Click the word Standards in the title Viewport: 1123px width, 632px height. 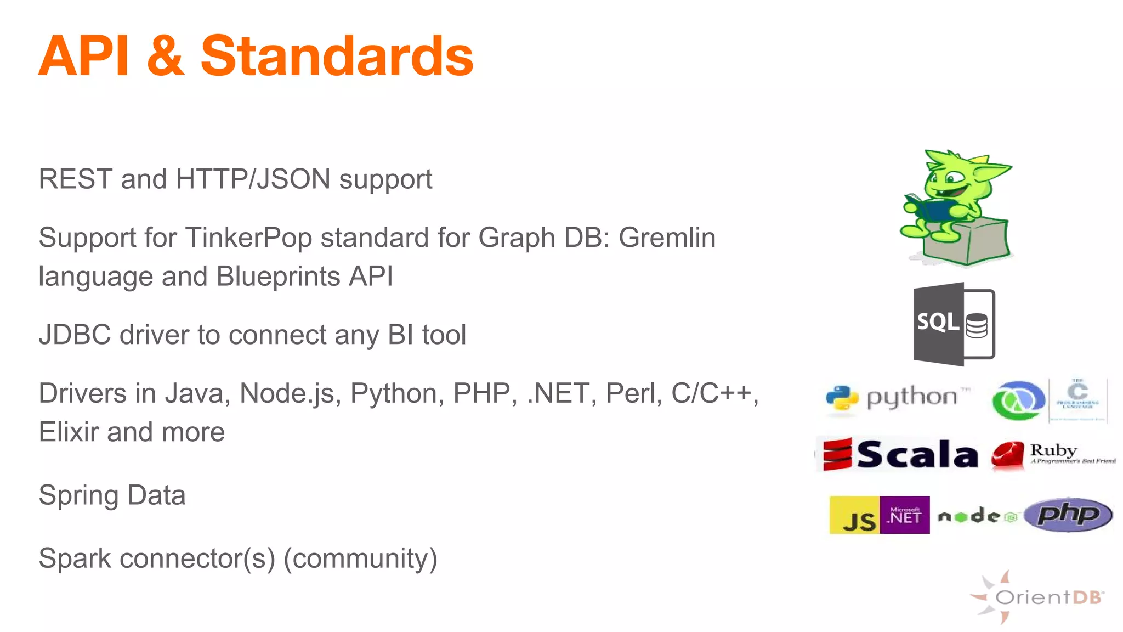[x=337, y=56]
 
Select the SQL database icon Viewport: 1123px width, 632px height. [x=954, y=324]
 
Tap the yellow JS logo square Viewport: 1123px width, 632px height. [x=854, y=515]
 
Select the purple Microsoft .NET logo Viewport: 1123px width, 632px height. [x=905, y=515]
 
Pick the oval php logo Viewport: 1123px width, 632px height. [x=1068, y=515]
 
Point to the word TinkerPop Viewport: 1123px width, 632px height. [x=248, y=238]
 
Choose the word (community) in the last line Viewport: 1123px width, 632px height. [x=360, y=558]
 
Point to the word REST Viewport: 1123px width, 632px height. [x=75, y=179]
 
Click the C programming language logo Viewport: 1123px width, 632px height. [x=1077, y=399]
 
